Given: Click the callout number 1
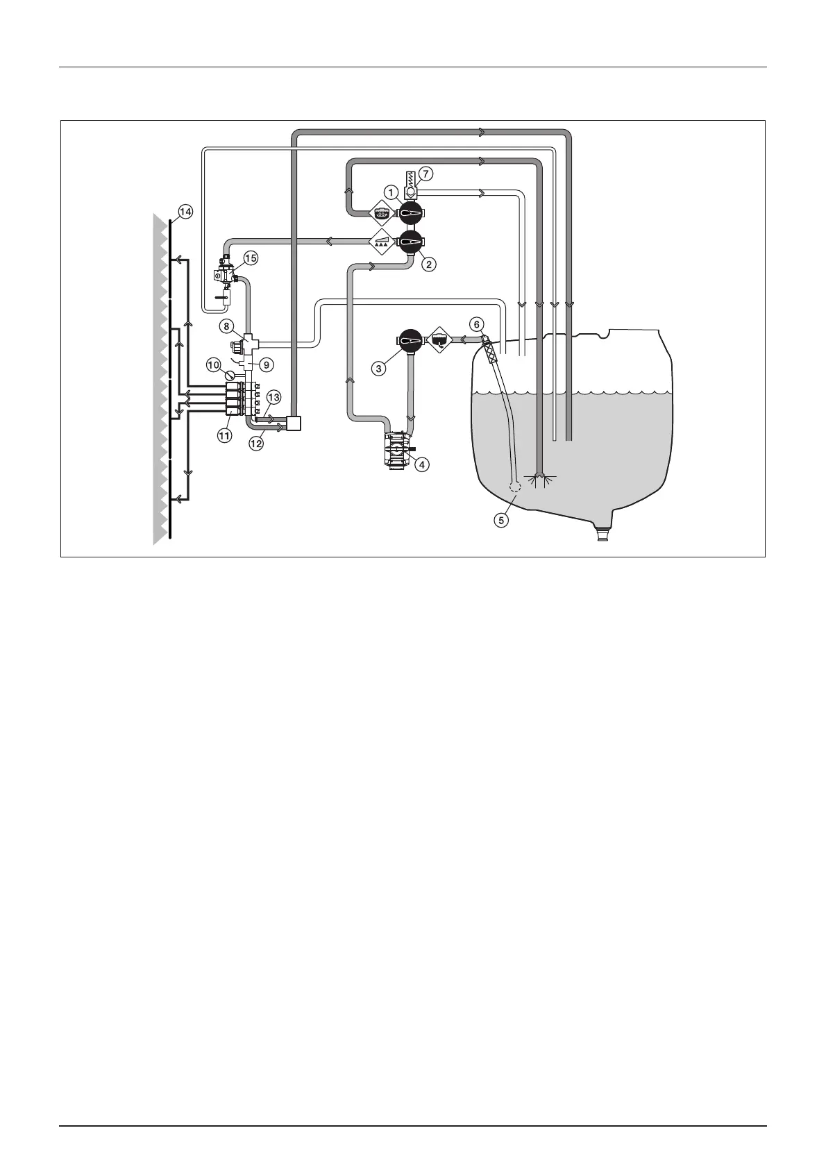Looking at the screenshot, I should pyautogui.click(x=391, y=192).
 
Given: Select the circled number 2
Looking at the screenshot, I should pyautogui.click(x=430, y=264).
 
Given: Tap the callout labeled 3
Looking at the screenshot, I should pyautogui.click(x=378, y=369).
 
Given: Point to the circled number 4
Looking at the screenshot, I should pyautogui.click(x=421, y=465).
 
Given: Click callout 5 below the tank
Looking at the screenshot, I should pyautogui.click(x=501, y=519).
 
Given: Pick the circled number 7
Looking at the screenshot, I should pyautogui.click(x=426, y=172).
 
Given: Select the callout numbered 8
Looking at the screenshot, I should pyautogui.click(x=227, y=326).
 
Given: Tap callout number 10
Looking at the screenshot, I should pyautogui.click(x=214, y=363).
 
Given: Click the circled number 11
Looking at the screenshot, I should pyautogui.click(x=224, y=436).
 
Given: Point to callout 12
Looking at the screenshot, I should pyautogui.click(x=257, y=443).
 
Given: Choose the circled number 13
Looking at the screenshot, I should pyautogui.click(x=273, y=397).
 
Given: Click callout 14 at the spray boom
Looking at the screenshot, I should pyautogui.click(x=184, y=211).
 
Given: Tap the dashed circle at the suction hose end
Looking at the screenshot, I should pyautogui.click(x=514, y=487).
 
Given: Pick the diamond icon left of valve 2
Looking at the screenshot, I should pyautogui.click(x=381, y=242).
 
